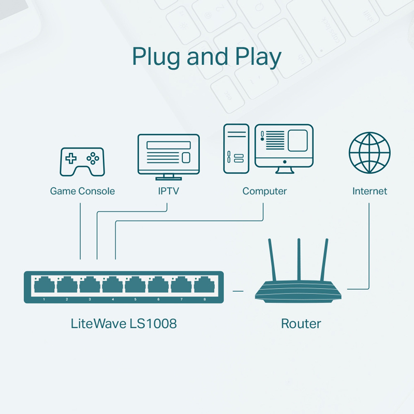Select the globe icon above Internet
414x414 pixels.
[369, 153]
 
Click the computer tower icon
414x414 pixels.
[236, 149]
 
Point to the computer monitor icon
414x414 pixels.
[284, 148]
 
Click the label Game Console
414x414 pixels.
[82, 191]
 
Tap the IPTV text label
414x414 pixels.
[168, 191]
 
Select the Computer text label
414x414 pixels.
[264, 191]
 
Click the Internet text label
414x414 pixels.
[369, 191]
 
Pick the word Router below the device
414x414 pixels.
[301, 324]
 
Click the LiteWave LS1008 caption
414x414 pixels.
[124, 324]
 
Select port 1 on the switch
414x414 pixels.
[44, 286]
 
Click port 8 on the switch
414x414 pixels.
[204, 286]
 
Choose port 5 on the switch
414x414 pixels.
[135, 286]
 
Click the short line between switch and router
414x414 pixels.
[238, 291]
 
